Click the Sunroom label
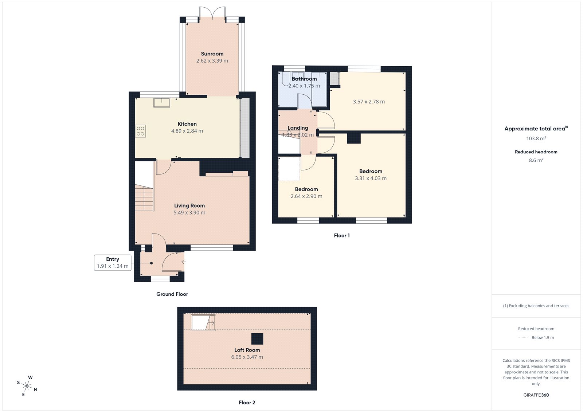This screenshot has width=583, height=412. click(x=212, y=54)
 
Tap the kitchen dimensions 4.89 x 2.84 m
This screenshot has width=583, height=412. click(x=187, y=131)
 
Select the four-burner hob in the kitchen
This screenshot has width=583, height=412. click(x=141, y=131)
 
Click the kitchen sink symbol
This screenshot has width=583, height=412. click(x=161, y=103)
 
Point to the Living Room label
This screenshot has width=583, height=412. click(x=189, y=205)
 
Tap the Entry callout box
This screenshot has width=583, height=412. click(x=113, y=263)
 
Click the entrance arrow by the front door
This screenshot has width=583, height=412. click(x=184, y=262)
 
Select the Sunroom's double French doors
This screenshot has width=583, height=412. click(x=212, y=13)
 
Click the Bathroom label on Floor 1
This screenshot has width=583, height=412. click(x=304, y=79)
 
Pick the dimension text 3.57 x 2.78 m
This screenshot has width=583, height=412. click(x=369, y=102)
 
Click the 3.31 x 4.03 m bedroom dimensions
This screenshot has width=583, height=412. click(x=371, y=178)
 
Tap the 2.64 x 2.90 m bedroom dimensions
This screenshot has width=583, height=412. click(x=306, y=196)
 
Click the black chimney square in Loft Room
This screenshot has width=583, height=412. click(x=257, y=339)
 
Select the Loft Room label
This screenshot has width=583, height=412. click(x=247, y=350)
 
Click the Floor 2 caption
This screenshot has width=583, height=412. click(x=247, y=403)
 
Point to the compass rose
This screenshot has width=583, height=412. click(x=27, y=385)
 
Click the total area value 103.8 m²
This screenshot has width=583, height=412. click(x=536, y=138)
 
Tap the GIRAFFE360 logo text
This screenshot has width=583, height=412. click(x=536, y=395)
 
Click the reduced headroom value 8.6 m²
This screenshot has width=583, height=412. click(x=536, y=160)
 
